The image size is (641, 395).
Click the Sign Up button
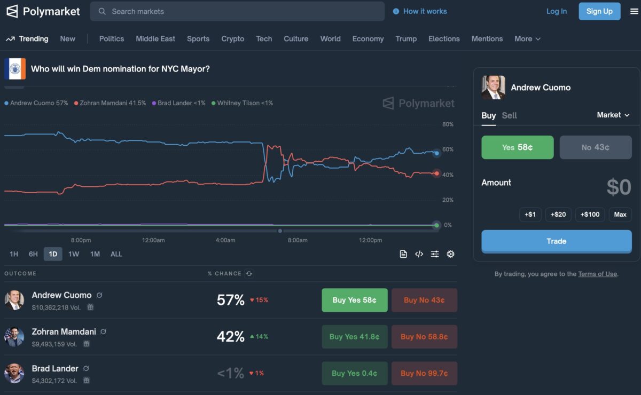click(599, 11)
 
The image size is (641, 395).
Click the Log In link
click(557, 11)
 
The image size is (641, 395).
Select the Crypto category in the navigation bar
click(233, 39)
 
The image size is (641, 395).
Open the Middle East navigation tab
click(155, 39)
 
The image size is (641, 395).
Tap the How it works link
click(425, 11)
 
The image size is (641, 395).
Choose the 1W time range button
click(74, 254)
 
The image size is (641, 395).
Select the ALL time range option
click(116, 254)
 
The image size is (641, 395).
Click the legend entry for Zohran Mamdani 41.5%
click(110, 103)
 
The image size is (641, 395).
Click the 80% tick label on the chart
click(448, 124)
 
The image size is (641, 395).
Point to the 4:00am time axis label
click(225, 240)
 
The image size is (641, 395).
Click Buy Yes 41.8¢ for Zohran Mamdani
click(355, 337)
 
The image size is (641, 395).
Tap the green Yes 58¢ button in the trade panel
click(518, 147)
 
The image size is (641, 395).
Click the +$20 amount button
click(558, 215)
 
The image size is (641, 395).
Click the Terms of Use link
click(597, 274)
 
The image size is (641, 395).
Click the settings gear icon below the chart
click(450, 254)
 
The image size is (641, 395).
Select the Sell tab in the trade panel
click(509, 115)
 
